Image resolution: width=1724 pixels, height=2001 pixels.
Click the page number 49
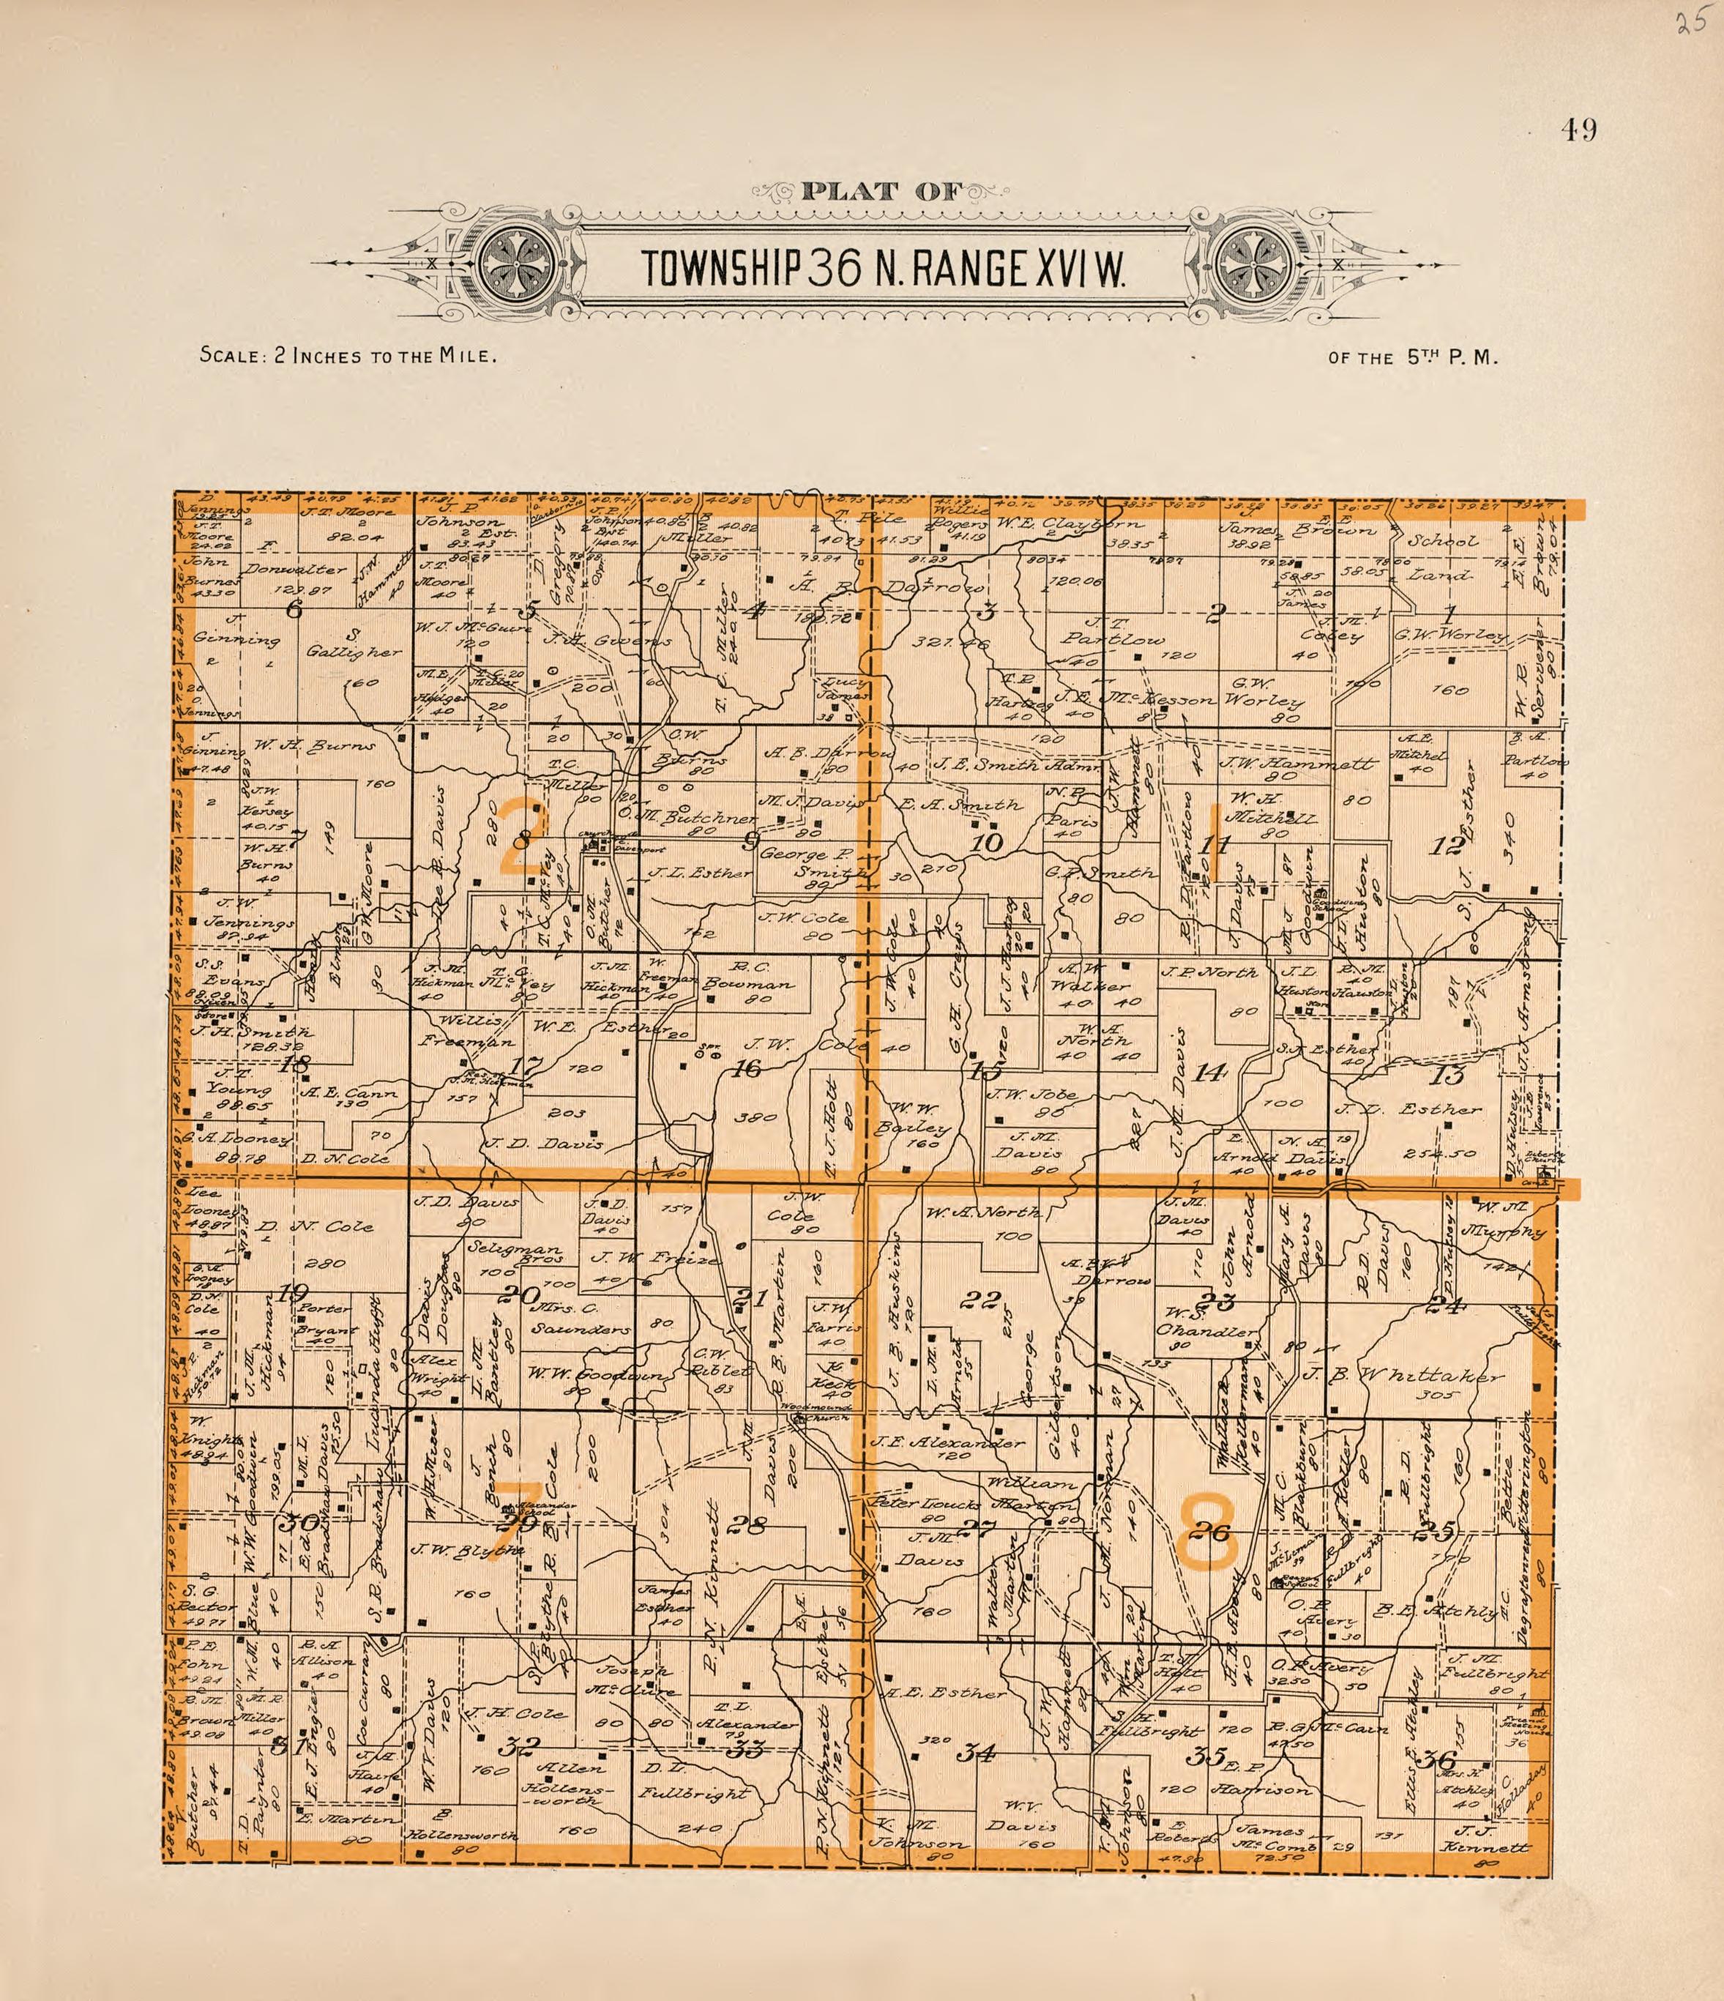1579,130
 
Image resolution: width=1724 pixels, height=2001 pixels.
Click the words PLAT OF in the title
882,191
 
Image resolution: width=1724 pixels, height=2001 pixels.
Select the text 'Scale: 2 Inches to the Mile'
348,355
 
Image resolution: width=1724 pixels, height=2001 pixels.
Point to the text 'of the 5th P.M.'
1413,357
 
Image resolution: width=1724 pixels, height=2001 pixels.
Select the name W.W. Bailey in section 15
913,1117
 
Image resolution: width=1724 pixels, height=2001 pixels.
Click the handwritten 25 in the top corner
1692,23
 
